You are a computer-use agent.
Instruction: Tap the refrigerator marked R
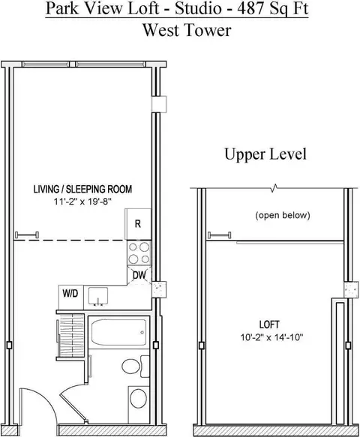click(x=138, y=223)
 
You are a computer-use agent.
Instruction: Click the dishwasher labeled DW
click(x=139, y=274)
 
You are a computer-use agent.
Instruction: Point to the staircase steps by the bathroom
click(x=72, y=331)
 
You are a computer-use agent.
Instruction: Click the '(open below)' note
click(x=283, y=216)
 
